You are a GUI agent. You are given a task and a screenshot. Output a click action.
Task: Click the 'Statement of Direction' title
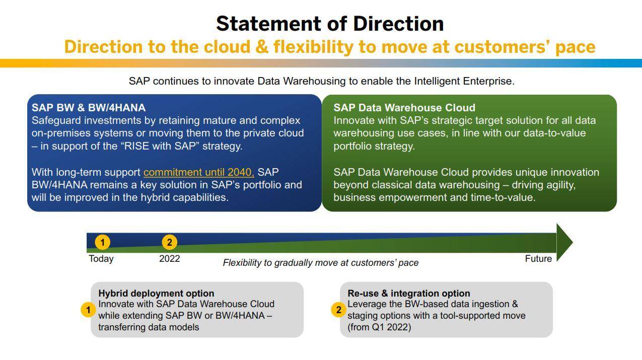point(330,24)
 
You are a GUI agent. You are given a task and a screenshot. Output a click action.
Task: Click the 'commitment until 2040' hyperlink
point(198,172)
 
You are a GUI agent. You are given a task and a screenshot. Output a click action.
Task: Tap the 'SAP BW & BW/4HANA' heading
point(89,108)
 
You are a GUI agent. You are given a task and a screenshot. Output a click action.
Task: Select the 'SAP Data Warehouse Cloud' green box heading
point(404,108)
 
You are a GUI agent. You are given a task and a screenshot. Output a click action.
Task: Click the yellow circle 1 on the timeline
point(102,242)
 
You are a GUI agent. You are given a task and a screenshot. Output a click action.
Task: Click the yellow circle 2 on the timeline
point(169,242)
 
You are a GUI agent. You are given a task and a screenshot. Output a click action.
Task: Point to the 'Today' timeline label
point(101,259)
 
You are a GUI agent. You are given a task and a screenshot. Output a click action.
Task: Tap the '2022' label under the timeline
point(170,258)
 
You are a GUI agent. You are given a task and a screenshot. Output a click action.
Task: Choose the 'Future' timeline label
point(538,259)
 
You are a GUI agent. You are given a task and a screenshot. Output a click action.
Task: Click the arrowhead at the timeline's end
point(564,243)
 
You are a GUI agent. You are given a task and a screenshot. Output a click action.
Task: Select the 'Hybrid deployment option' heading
point(156,293)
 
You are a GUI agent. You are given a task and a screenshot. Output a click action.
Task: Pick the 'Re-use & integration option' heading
point(409,293)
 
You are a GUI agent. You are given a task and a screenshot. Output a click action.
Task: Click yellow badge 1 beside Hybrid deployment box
point(88,310)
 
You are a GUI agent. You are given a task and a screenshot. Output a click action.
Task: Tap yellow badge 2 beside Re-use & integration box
point(338,310)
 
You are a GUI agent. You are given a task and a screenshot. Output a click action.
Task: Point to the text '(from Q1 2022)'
point(379,327)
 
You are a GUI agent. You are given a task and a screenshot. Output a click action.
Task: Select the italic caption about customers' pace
point(321,262)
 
